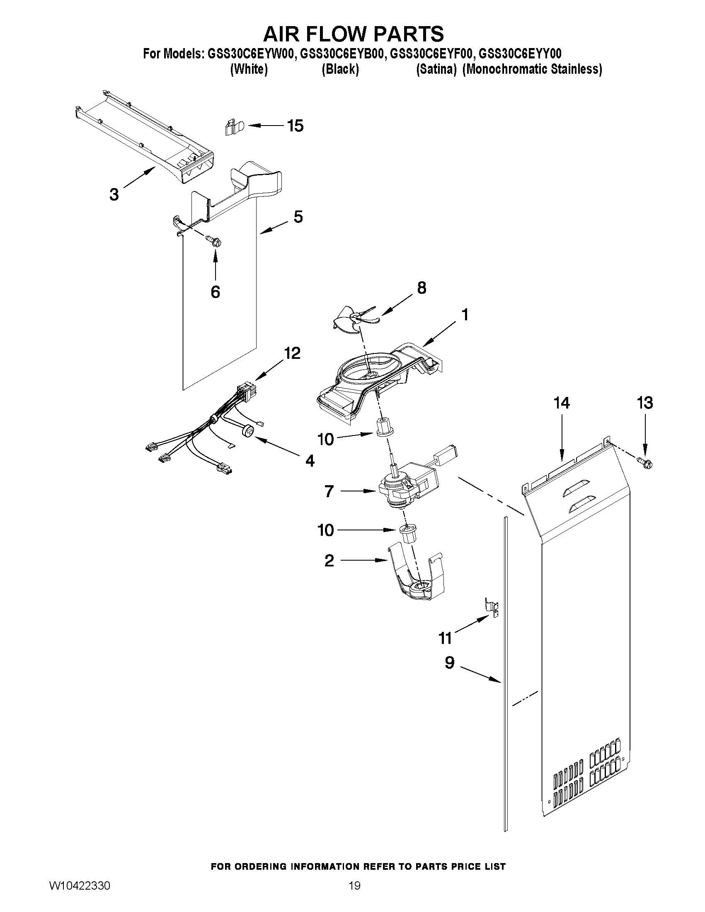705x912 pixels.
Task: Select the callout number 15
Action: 295,126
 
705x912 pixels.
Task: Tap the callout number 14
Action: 561,403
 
